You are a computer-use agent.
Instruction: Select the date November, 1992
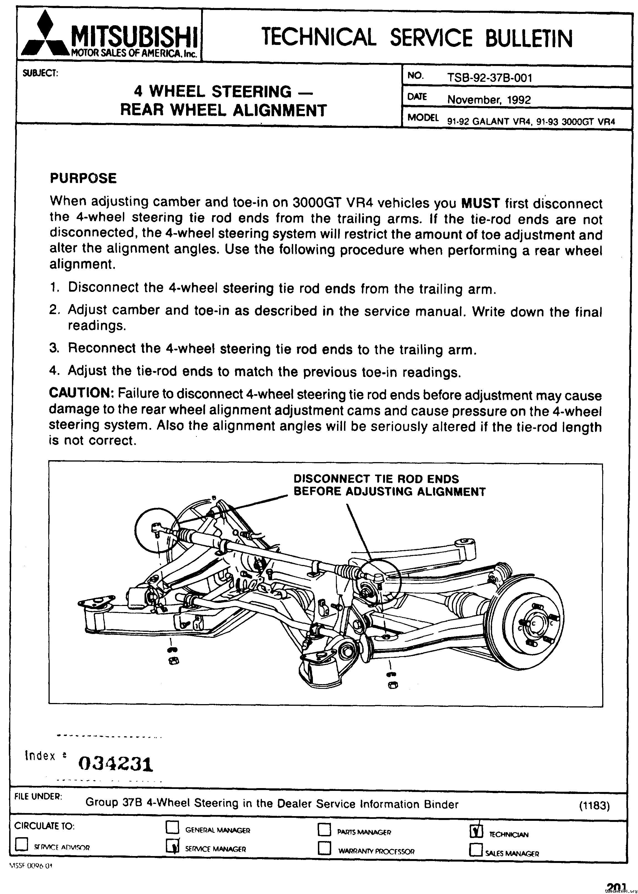pyautogui.click(x=489, y=99)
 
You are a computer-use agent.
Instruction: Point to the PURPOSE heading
pyautogui.click(x=83, y=178)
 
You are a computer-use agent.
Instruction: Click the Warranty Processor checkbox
pyautogui.click(x=325, y=848)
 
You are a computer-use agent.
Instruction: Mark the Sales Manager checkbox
pyautogui.click(x=476, y=850)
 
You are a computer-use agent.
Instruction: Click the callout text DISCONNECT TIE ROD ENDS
pyautogui.click(x=376, y=479)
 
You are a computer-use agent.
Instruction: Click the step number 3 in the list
pyautogui.click(x=54, y=348)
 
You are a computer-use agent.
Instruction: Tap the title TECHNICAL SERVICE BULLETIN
pyautogui.click(x=416, y=37)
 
